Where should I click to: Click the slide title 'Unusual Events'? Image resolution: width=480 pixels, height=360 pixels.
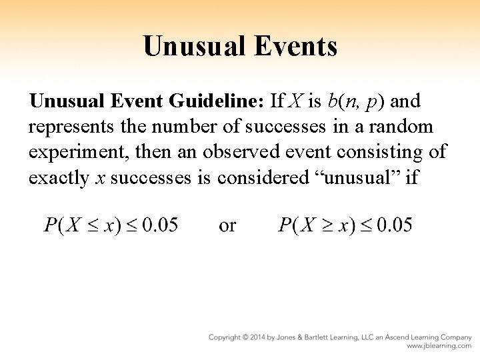240,46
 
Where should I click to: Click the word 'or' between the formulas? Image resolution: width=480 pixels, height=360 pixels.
227,225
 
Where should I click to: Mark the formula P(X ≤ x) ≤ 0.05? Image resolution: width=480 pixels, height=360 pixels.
111,225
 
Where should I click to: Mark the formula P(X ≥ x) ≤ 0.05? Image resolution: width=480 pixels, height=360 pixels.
345,225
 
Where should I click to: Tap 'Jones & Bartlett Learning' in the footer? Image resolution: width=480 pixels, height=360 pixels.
327,337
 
